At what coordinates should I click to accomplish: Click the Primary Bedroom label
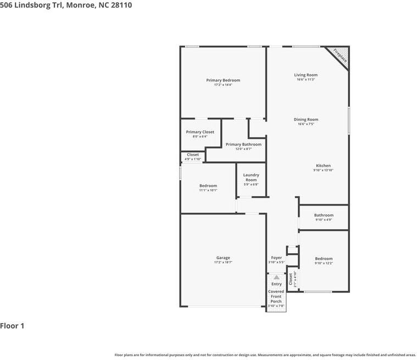[x=223, y=80]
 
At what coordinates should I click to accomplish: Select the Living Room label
[x=305, y=75]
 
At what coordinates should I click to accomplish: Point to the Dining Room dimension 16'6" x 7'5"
[x=305, y=124]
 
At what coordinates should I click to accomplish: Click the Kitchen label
[x=323, y=165]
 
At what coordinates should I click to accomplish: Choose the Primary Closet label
[x=200, y=132]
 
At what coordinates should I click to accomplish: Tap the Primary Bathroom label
[x=243, y=145]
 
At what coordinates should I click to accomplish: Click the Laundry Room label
[x=251, y=178]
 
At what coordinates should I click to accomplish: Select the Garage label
[x=223, y=258]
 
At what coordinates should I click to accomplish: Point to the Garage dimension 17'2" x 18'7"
[x=223, y=263]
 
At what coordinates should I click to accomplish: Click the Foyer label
[x=276, y=258]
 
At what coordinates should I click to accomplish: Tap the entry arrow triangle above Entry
[x=276, y=278]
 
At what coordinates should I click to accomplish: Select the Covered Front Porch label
[x=276, y=296]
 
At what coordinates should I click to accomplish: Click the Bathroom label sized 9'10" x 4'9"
[x=324, y=215]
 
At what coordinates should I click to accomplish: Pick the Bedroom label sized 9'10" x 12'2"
[x=324, y=258]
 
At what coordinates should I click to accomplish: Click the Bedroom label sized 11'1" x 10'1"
[x=208, y=186]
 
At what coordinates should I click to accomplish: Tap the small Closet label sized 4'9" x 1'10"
[x=193, y=155]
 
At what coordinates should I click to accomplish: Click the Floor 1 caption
[x=12, y=326]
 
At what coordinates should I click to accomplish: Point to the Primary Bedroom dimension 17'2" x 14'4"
[x=223, y=85]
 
